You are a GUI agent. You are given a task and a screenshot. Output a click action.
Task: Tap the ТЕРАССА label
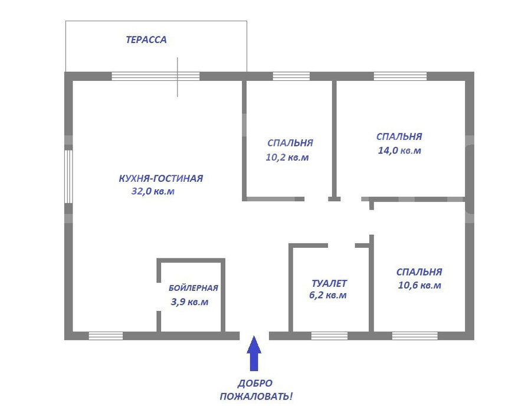(146, 40)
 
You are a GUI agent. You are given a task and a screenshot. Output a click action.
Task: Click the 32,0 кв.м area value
(153, 192)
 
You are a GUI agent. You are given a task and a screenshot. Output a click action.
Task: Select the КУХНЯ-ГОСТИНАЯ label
(161, 178)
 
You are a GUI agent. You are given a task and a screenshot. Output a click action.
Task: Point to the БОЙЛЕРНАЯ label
(194, 288)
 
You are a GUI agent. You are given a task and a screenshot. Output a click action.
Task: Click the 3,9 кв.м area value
(189, 302)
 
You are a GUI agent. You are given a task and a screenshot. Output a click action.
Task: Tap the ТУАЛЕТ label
(329, 283)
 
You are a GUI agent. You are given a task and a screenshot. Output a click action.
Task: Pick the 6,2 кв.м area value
(328, 295)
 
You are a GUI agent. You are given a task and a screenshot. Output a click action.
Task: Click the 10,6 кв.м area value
(419, 286)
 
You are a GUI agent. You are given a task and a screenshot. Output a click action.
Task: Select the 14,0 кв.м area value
(399, 150)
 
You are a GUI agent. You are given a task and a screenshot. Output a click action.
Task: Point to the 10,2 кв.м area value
(287, 158)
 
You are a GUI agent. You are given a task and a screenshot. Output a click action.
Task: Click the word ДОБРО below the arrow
(255, 383)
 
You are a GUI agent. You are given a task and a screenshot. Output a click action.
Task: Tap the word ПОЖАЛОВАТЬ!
(256, 396)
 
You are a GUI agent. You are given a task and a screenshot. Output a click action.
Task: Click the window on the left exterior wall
(68, 176)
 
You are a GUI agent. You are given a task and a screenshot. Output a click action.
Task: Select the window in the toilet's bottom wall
(329, 336)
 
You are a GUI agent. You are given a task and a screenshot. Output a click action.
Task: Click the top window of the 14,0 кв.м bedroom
(400, 76)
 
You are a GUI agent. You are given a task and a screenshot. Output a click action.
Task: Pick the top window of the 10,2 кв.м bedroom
(291, 76)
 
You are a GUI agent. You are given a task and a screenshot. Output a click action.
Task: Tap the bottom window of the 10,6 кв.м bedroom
(415, 336)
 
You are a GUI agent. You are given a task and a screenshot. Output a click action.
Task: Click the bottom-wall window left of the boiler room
(106, 336)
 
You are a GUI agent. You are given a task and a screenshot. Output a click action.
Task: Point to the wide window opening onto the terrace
(155, 76)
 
